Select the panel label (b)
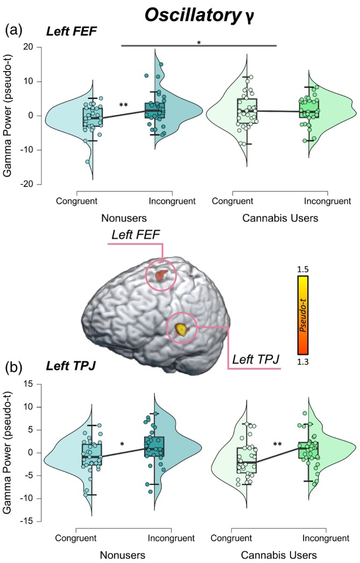(15, 369)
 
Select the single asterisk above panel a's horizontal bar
(199, 42)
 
